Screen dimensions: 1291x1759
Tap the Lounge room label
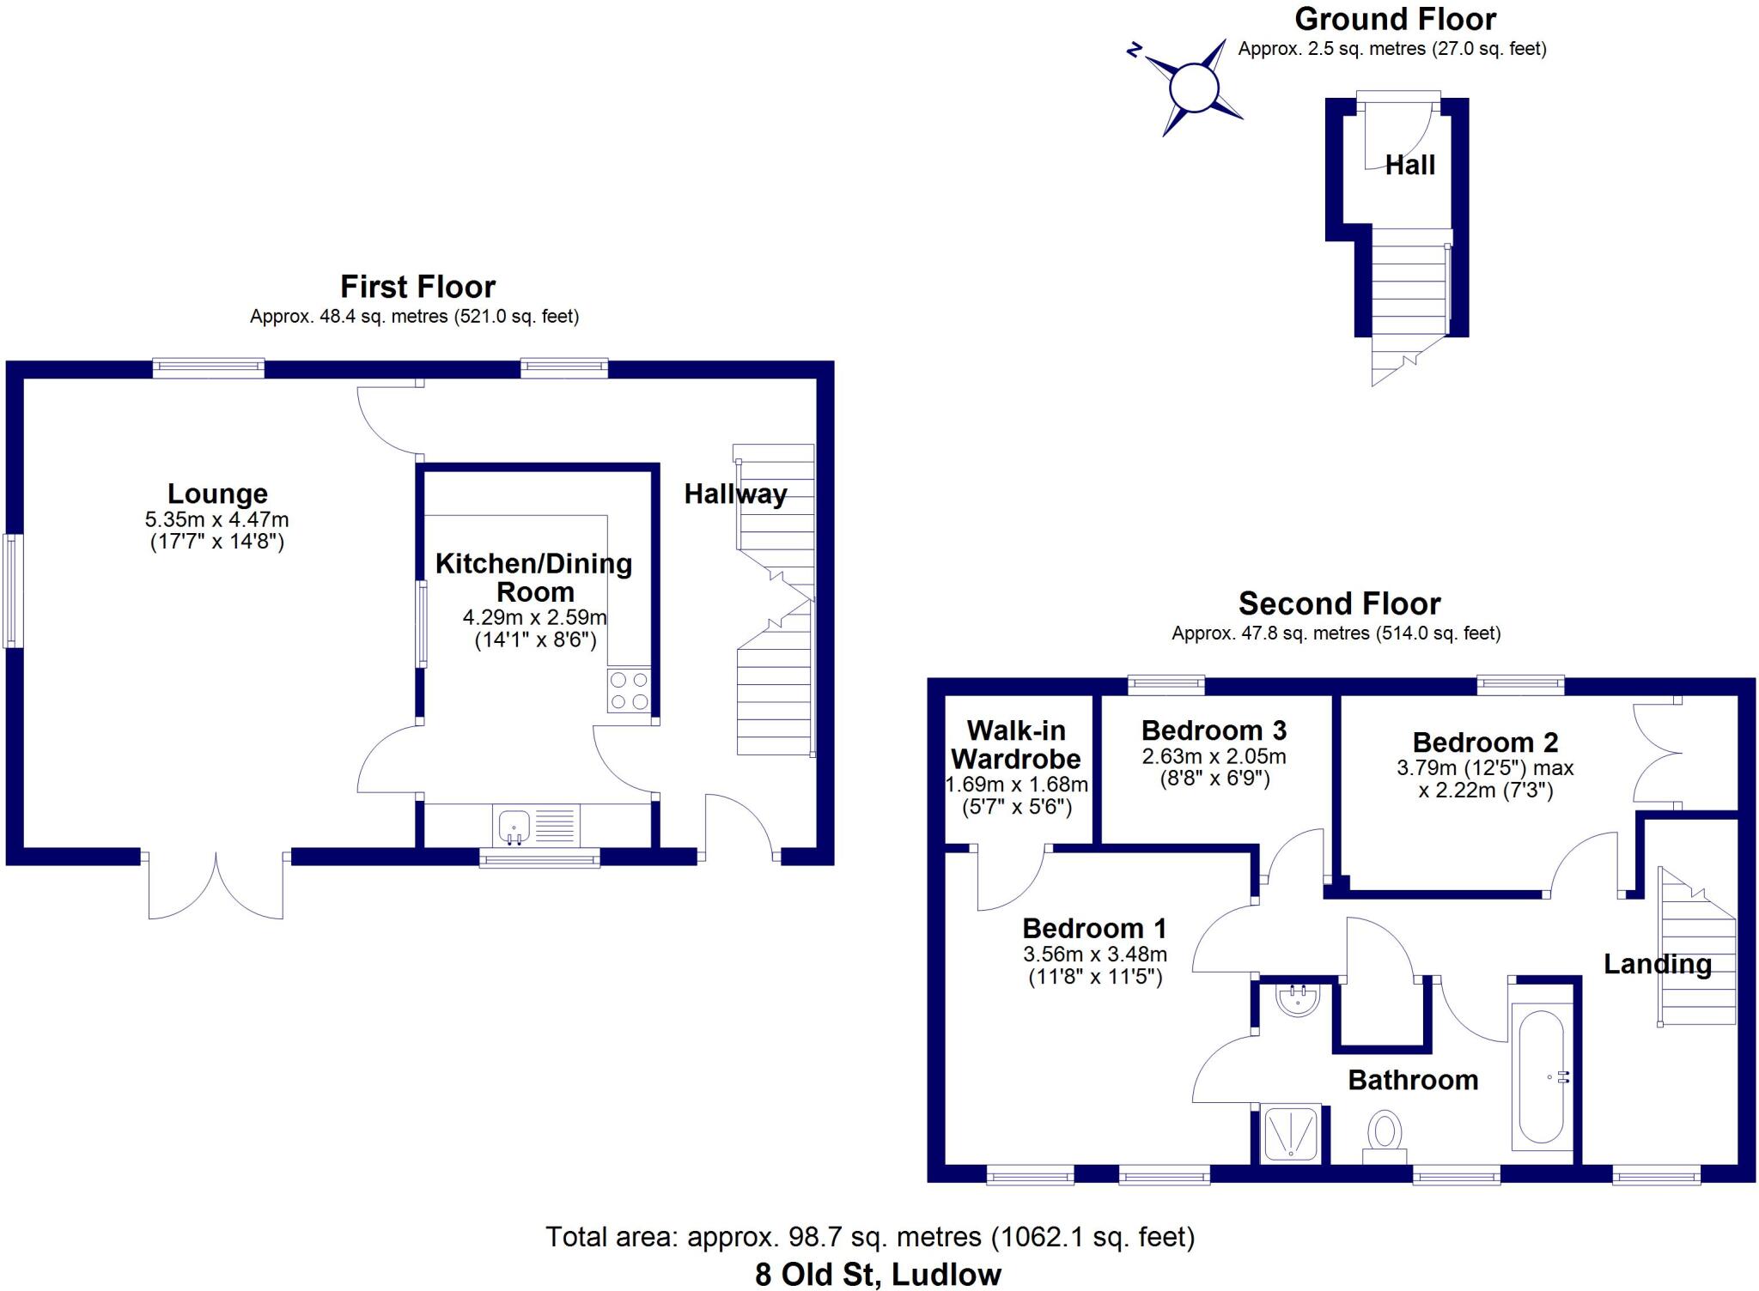point(217,494)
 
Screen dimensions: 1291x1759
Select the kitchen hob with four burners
point(629,690)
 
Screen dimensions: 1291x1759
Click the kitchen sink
point(514,825)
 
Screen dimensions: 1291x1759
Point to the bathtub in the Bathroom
point(1542,1076)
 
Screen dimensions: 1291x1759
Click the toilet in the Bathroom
point(1384,1135)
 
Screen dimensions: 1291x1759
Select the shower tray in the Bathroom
point(1290,1133)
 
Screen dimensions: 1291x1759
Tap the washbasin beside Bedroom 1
point(1297,999)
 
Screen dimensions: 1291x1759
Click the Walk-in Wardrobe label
point(1016,744)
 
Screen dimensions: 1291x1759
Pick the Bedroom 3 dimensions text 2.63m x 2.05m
point(1214,756)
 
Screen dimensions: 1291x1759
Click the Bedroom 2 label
point(1485,742)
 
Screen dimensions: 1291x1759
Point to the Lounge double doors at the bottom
point(216,884)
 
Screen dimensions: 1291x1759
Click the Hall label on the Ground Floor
point(1409,165)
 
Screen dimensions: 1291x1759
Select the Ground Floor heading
point(1395,19)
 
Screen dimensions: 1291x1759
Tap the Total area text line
point(870,1237)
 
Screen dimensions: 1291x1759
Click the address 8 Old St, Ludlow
point(878,1275)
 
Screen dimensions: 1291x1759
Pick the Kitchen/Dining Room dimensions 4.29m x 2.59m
point(534,617)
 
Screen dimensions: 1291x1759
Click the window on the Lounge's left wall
point(12,591)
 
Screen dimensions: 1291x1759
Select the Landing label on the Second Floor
point(1657,964)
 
